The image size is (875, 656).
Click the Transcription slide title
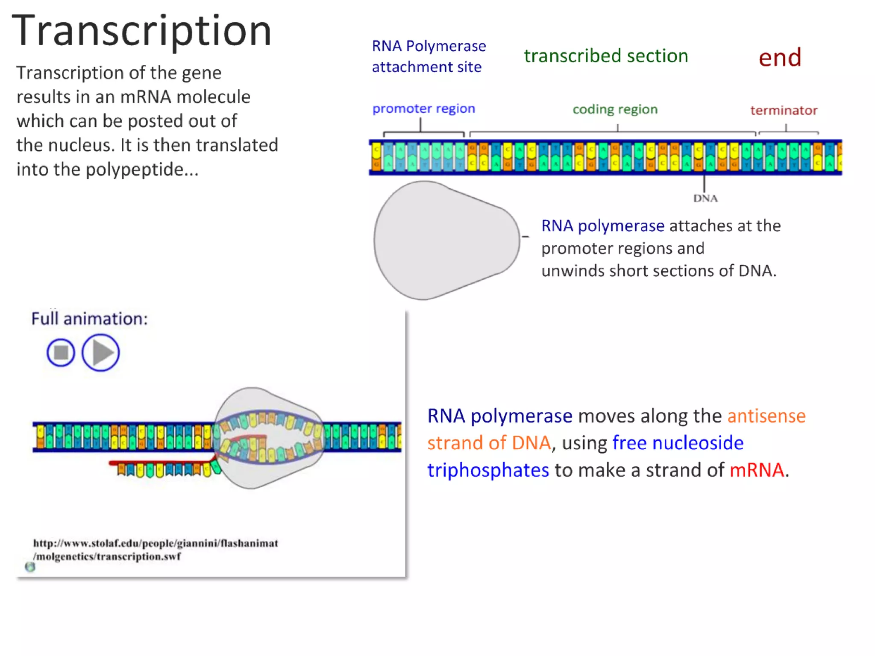click(141, 31)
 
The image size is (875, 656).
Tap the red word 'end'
click(780, 58)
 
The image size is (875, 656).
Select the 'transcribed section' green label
click(606, 56)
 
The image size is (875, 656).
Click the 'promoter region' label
click(423, 108)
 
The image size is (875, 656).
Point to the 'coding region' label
click(615, 109)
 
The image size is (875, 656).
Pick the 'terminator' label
click(784, 111)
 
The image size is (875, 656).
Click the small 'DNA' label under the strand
click(705, 198)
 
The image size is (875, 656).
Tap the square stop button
click(61, 352)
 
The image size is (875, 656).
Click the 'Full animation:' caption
click(89, 319)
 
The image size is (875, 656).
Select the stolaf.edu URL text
click(156, 549)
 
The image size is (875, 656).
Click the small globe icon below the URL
click(30, 567)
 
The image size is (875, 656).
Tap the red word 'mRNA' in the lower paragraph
click(757, 470)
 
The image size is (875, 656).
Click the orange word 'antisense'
click(766, 416)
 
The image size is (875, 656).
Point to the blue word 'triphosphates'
click(488, 470)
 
